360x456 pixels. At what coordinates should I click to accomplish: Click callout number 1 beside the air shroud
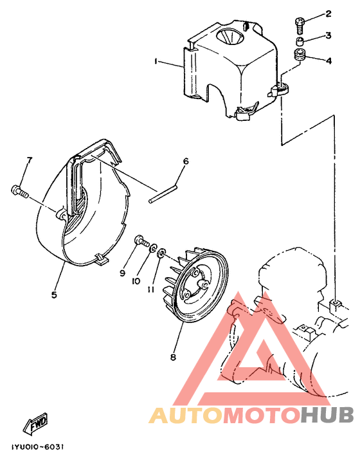156,62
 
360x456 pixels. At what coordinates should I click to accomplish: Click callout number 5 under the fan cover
54,295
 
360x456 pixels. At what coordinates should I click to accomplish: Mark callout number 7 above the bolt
29,161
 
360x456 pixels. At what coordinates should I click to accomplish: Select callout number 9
122,273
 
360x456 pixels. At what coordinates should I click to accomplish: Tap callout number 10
136,281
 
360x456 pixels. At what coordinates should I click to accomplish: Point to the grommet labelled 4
299,55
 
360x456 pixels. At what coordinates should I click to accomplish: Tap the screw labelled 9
141,242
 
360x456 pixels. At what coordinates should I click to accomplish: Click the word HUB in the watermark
325,415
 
